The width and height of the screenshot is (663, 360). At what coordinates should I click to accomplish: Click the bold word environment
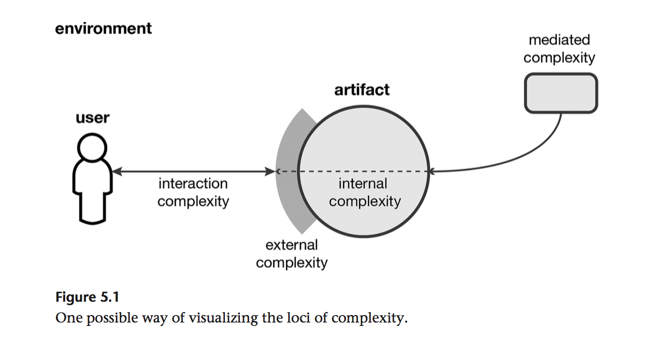[103, 28]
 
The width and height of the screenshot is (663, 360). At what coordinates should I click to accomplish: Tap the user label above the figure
[92, 118]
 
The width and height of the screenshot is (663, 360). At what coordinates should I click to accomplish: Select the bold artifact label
[362, 90]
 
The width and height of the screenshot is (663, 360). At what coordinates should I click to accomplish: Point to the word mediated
[559, 40]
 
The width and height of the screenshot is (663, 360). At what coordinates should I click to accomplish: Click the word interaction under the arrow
[193, 184]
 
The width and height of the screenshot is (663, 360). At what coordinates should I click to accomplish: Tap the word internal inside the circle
[363, 184]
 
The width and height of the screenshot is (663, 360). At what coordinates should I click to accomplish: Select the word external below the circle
[291, 245]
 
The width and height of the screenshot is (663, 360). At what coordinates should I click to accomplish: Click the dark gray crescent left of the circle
[288, 173]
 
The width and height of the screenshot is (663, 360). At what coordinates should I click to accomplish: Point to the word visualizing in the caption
[223, 318]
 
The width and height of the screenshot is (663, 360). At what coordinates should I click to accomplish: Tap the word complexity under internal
[364, 202]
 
